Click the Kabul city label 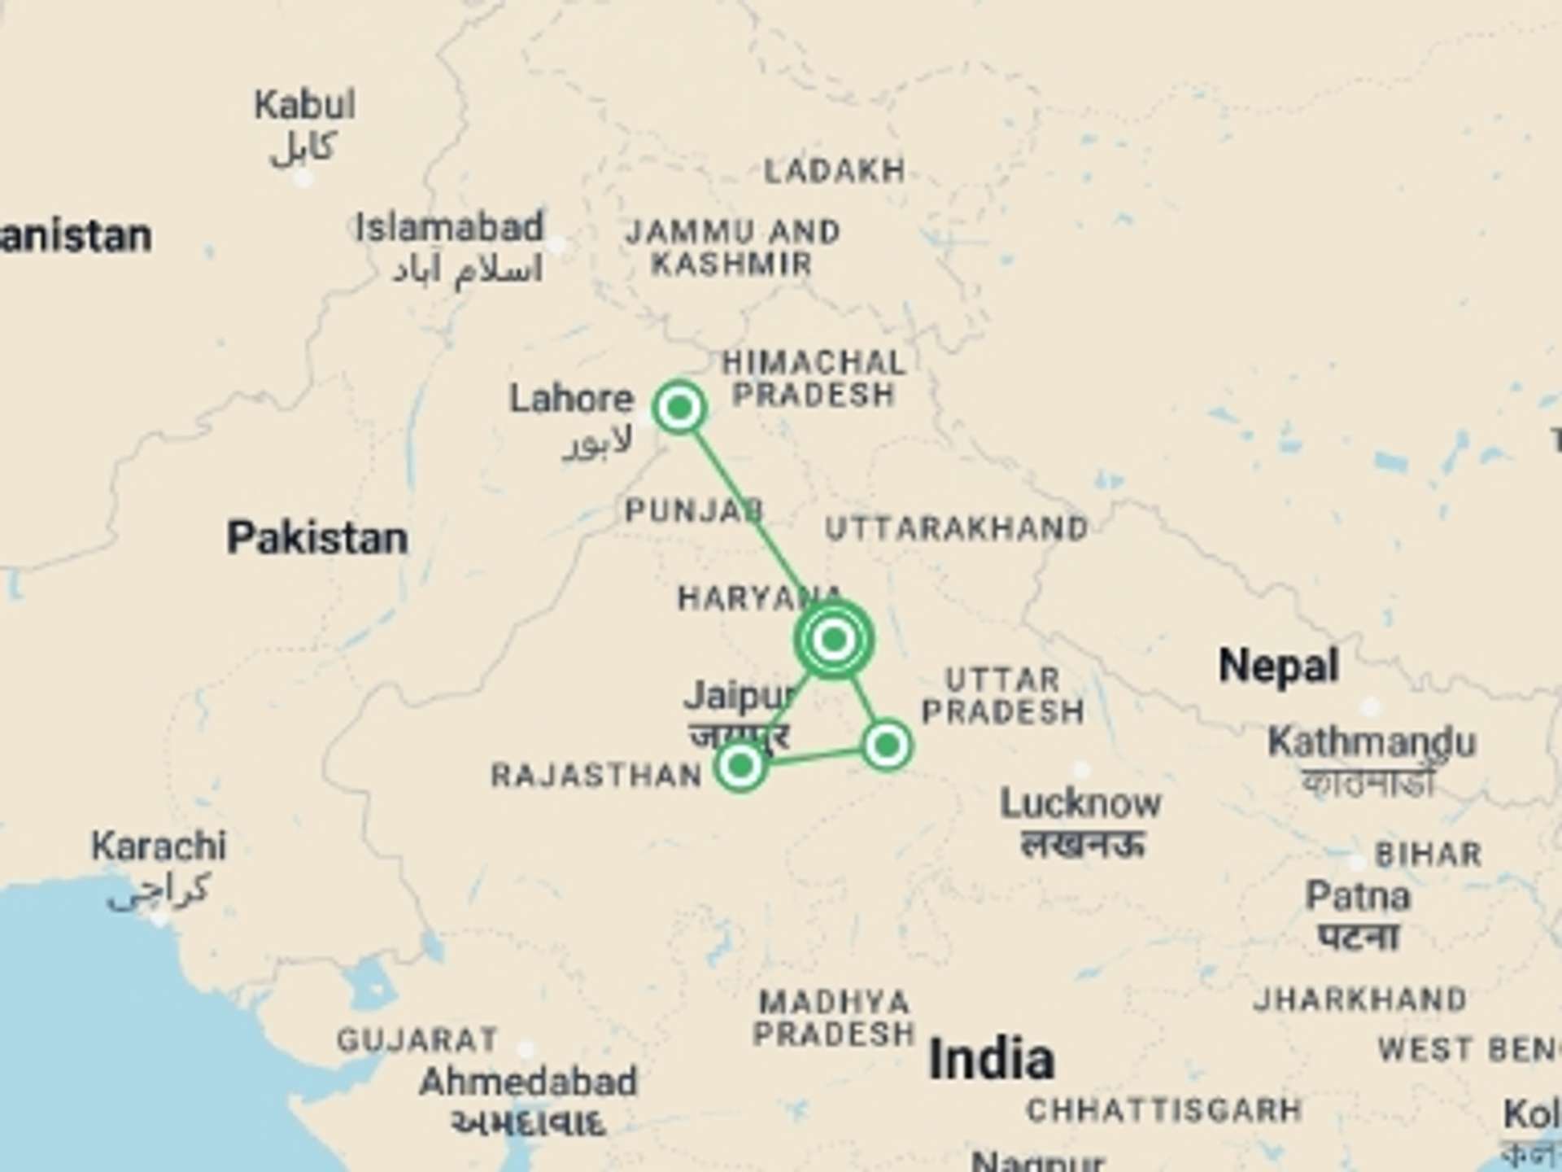(x=304, y=106)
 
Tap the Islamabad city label (x=449, y=228)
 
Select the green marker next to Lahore (x=679, y=406)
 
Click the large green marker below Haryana (x=833, y=640)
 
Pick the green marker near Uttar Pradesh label (x=887, y=745)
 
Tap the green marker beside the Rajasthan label (x=740, y=765)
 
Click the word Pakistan (x=317, y=539)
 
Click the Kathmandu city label (x=1371, y=742)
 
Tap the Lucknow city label (x=1080, y=804)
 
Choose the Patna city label (x=1357, y=897)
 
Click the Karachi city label (x=159, y=846)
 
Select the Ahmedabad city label (x=528, y=1082)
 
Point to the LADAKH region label (x=835, y=172)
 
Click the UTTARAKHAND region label (x=957, y=530)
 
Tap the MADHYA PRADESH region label (x=834, y=1017)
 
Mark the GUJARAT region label (x=417, y=1040)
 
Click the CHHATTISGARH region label (x=1164, y=1111)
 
